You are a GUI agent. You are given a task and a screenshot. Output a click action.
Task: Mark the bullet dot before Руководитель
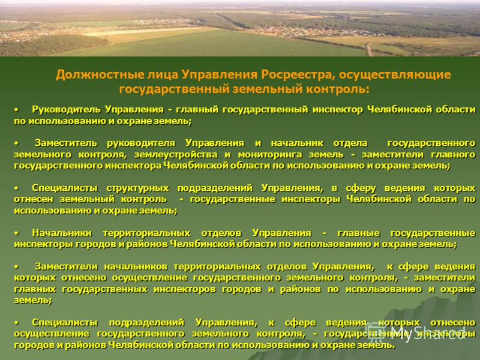[17, 110]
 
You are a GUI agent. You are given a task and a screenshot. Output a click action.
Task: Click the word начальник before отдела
[297, 143]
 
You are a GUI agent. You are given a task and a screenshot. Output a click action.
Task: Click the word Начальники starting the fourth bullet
[62, 233]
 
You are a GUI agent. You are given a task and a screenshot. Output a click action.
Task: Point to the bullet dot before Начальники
[17, 233]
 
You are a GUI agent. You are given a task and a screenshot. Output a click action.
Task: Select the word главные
[358, 233]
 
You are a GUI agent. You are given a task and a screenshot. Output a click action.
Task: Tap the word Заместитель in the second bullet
[65, 143]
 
